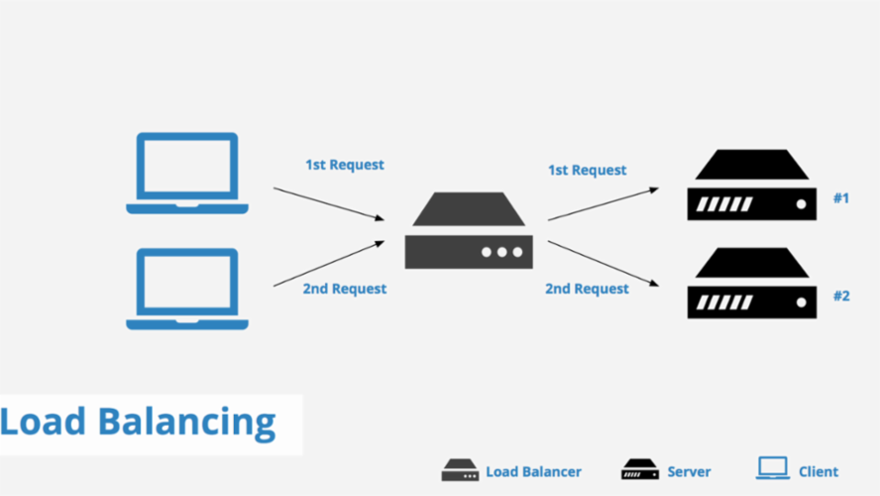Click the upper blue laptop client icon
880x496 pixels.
[x=187, y=173]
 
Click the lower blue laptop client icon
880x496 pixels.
[x=187, y=289]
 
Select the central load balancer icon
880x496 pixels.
[x=469, y=231]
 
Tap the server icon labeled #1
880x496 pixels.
[x=752, y=186]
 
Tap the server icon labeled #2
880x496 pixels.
[x=752, y=284]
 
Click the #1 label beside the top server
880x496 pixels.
[x=840, y=198]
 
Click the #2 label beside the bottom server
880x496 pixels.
[x=840, y=296]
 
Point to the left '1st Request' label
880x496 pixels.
[x=344, y=164]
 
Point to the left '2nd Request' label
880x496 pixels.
[x=344, y=289]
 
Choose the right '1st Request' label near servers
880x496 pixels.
[x=587, y=170]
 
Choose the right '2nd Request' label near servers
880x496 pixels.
[x=587, y=289]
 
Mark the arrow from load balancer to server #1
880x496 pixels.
[x=602, y=202]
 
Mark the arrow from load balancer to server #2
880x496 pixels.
[x=602, y=263]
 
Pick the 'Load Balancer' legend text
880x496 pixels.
[x=533, y=472]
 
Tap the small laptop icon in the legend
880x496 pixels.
[x=772, y=469]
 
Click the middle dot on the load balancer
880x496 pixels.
[x=502, y=252]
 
